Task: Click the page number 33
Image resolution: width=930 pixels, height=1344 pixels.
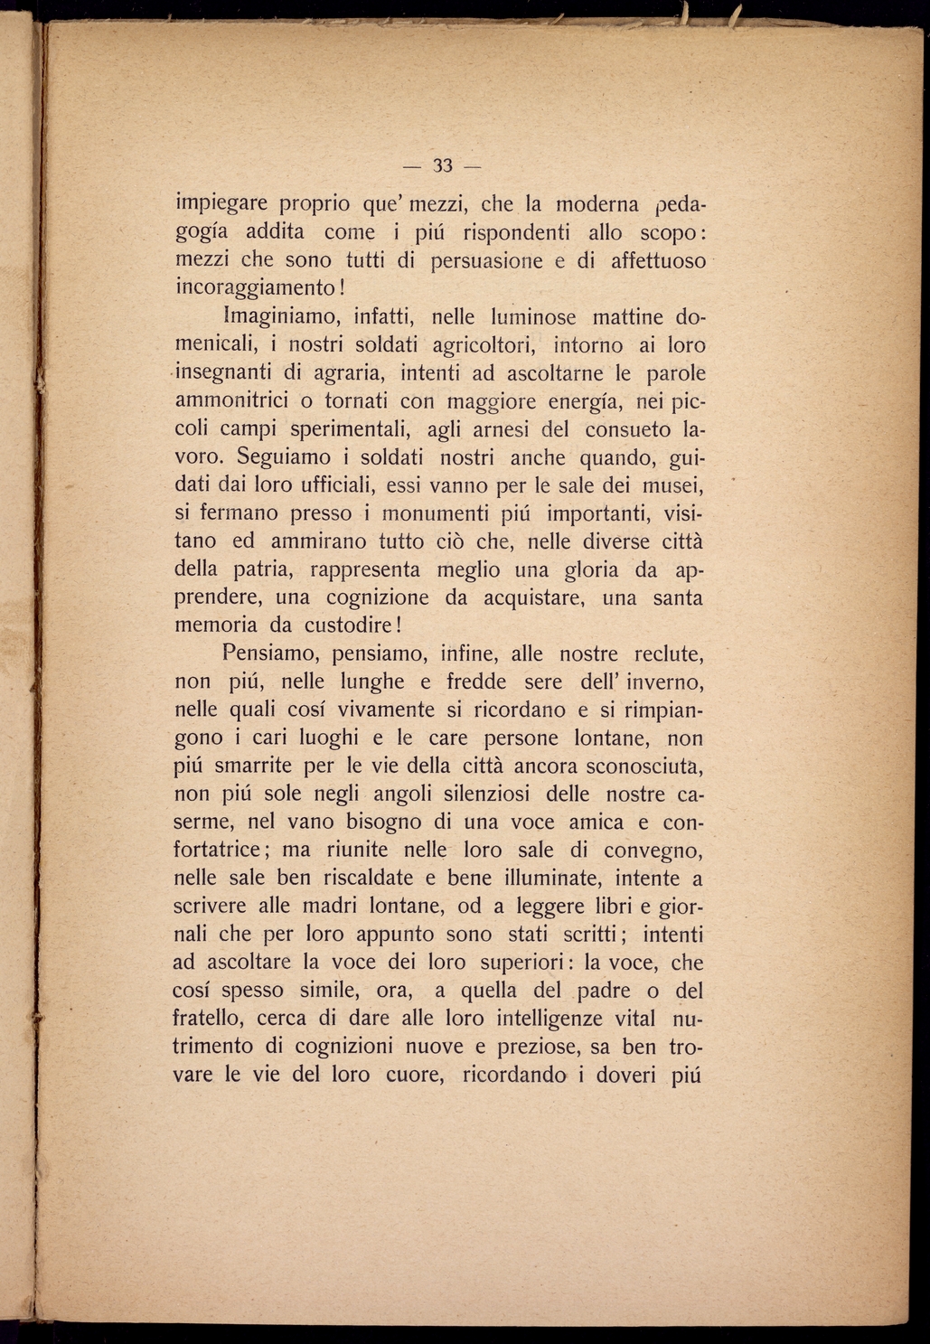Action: pyautogui.click(x=442, y=165)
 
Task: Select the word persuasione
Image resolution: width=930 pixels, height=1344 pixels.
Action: pyautogui.click(x=486, y=261)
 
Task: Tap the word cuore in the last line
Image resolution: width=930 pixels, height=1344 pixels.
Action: pyautogui.click(x=411, y=1076)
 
